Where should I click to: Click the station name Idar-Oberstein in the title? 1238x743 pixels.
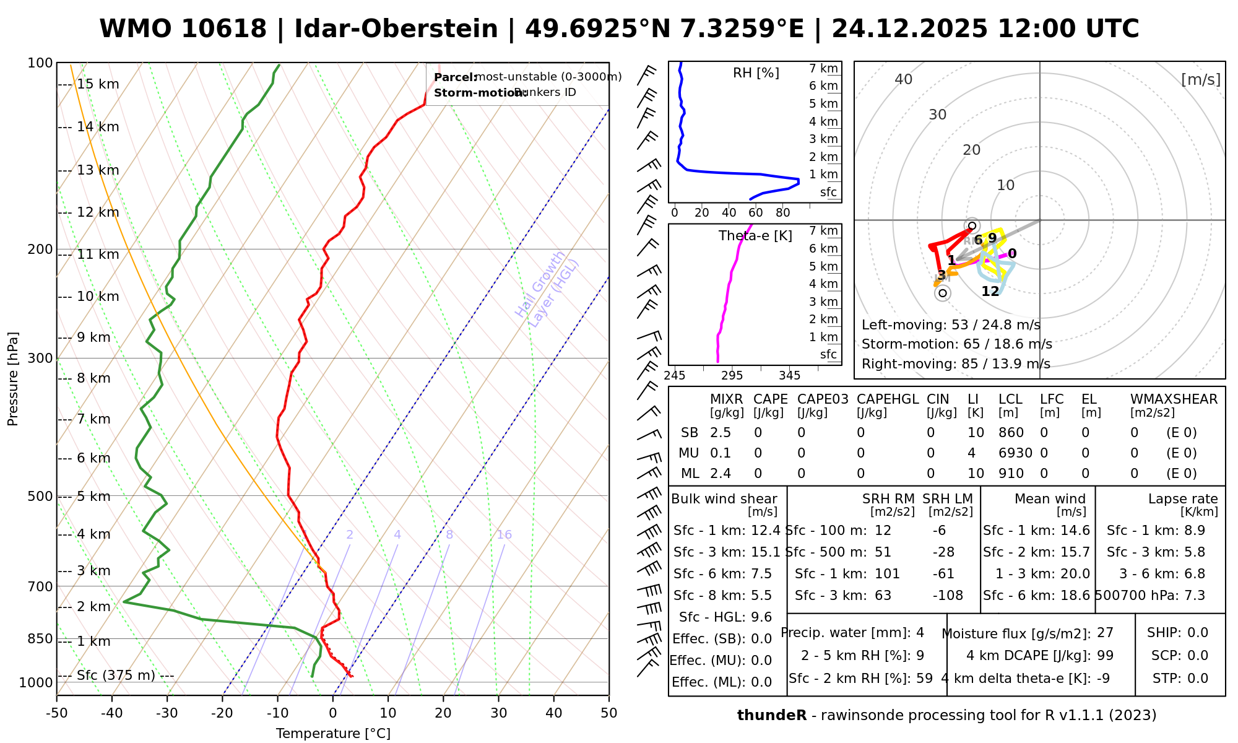click(396, 29)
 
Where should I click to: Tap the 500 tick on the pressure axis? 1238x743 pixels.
click(40, 497)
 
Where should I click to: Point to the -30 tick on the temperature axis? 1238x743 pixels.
click(167, 713)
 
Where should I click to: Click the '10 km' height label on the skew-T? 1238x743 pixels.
click(98, 297)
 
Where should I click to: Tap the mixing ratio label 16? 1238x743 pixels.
click(504, 535)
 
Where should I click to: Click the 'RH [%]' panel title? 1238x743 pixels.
click(756, 73)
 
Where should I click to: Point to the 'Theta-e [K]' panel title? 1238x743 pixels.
click(755, 236)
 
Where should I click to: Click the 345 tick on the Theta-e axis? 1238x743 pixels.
click(789, 376)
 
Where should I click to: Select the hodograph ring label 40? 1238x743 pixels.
click(904, 79)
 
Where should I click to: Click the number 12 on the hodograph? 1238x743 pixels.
click(990, 291)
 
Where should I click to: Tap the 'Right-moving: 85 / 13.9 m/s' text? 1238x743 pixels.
click(956, 364)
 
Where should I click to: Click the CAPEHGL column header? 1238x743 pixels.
click(888, 399)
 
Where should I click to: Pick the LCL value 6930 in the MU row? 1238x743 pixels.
click(1015, 453)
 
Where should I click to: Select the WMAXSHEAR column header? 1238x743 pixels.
click(1174, 399)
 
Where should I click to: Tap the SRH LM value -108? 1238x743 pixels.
click(948, 596)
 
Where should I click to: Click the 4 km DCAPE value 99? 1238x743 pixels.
click(1105, 656)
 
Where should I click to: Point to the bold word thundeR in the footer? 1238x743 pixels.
click(772, 716)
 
